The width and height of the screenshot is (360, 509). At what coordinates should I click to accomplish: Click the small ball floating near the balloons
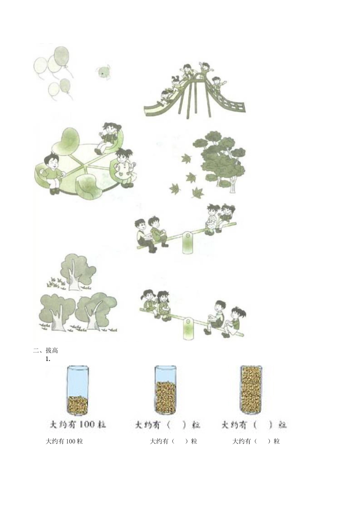click(x=103, y=72)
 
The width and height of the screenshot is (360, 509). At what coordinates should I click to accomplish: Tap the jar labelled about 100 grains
click(x=78, y=390)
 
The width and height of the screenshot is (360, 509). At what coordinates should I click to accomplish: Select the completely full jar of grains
click(x=251, y=390)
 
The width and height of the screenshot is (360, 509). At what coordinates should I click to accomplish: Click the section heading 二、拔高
click(x=45, y=351)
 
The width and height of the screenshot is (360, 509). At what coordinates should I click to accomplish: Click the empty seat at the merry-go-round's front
click(x=88, y=186)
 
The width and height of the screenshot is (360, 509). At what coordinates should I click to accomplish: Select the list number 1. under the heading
click(x=48, y=359)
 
